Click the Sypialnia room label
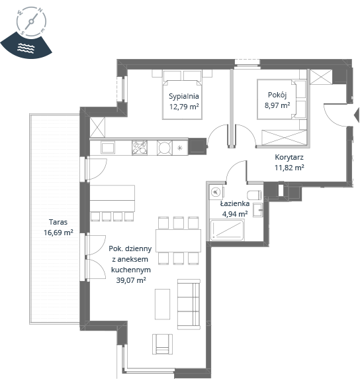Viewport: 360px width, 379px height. [184, 96]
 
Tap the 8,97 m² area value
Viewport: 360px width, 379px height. [277, 105]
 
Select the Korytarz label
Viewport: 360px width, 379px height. [289, 157]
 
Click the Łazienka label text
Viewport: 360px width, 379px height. [235, 203]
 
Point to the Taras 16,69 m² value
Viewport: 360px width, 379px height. [58, 233]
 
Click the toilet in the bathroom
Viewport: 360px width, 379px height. [254, 195]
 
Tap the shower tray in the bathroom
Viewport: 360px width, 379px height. [227, 230]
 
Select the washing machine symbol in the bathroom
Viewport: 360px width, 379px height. [216, 192]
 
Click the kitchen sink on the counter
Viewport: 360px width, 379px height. [108, 148]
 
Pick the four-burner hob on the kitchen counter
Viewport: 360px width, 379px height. [140, 148]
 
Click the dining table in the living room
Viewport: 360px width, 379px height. [178, 241]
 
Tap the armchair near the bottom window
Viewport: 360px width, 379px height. [162, 344]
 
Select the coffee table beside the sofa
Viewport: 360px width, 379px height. [162, 304]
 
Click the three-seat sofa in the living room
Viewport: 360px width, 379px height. [189, 304]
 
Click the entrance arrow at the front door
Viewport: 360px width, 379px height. [357, 115]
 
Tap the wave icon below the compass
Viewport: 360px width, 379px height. [26, 48]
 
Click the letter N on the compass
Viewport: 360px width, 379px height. [40, 11]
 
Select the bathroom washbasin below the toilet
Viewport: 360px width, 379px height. [257, 210]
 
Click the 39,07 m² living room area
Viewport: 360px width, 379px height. [131, 280]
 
